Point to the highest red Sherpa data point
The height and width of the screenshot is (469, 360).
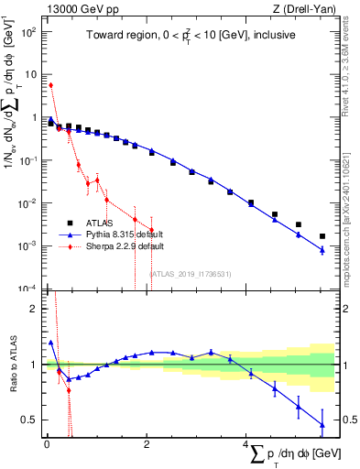pos(50,85)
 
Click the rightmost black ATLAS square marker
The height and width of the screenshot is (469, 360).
pos(322,236)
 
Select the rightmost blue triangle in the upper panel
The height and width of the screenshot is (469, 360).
pos(322,250)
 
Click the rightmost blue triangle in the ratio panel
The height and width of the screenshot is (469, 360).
pos(322,424)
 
